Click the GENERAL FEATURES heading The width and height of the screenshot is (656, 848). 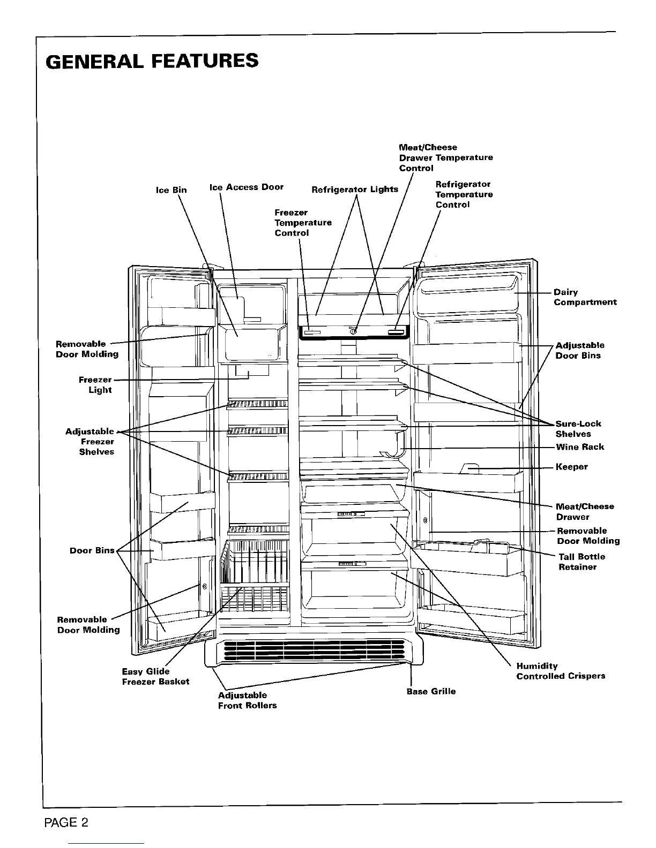(152, 61)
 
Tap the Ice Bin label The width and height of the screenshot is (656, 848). (171, 190)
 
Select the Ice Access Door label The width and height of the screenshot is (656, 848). (246, 187)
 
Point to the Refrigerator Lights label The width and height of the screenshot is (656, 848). (355, 189)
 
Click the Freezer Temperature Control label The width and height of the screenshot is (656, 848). (303, 223)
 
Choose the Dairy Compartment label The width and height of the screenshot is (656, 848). (585, 297)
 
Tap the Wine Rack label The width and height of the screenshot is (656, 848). (579, 447)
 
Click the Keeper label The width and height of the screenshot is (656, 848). (571, 467)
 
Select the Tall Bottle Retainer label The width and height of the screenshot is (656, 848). (582, 562)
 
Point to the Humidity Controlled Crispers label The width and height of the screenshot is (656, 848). (561, 671)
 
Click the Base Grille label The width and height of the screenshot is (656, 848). (431, 691)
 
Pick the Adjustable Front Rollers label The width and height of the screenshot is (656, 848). (247, 700)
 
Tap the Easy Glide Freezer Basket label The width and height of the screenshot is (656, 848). (155, 677)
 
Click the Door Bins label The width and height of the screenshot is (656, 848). (92, 550)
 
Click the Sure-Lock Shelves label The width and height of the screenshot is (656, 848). (578, 429)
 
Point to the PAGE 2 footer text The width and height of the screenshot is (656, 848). (66, 823)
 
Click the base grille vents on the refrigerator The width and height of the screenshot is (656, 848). (314, 650)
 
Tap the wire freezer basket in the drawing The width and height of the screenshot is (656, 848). (255, 576)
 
